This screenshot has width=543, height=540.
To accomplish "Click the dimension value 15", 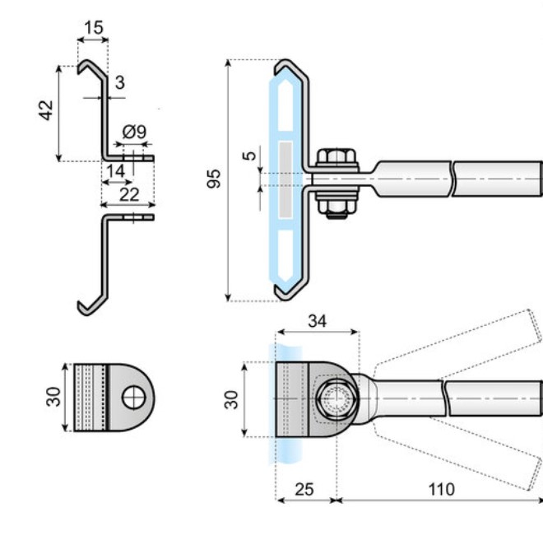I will click(x=94, y=28).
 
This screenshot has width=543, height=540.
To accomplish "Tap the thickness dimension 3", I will click(x=120, y=81).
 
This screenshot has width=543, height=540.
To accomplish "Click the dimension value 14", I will click(x=114, y=170).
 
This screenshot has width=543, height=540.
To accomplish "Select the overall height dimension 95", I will click(x=213, y=179).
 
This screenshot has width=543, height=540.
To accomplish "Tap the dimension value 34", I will click(x=318, y=320).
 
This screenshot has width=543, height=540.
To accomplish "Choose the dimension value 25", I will click(x=304, y=490).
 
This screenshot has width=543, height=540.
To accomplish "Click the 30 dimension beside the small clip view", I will click(x=53, y=398).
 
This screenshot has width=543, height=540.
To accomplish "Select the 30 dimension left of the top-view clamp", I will click(x=232, y=399).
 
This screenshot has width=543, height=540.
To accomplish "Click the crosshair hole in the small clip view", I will click(x=132, y=398).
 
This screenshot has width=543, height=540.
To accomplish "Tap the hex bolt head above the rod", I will click(x=335, y=158).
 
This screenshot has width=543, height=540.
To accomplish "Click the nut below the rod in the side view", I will click(x=335, y=206).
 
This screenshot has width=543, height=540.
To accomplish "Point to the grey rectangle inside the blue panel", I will click(x=285, y=179).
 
